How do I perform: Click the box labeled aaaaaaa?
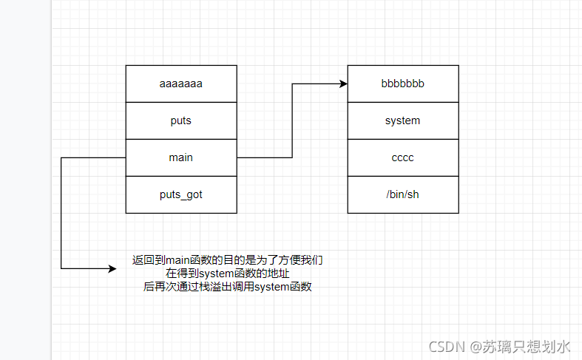point(181,84)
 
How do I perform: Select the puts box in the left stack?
point(181,120)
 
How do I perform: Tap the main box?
point(181,157)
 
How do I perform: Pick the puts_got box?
point(181,194)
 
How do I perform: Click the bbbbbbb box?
point(403,84)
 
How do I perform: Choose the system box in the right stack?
point(403,120)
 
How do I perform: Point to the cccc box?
point(403,157)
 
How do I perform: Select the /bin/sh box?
point(403,194)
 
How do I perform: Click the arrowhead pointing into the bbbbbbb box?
point(343,84)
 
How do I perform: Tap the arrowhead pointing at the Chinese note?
point(112,268)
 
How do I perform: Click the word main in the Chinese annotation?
point(177,260)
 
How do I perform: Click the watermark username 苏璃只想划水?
point(527,346)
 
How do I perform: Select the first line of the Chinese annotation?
point(228,260)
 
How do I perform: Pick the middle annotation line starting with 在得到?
point(228,274)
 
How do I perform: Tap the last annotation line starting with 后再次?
point(228,287)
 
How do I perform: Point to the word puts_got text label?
point(181,194)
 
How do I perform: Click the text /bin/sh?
point(403,194)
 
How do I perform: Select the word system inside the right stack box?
point(403,120)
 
